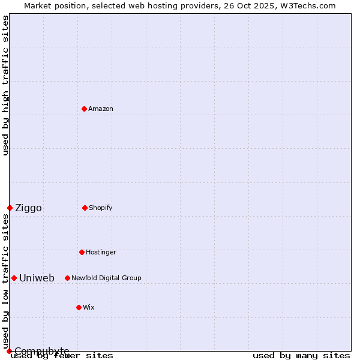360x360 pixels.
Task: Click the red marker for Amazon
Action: tap(84, 109)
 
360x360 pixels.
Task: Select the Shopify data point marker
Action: tap(85, 208)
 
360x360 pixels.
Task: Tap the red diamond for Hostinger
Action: tap(82, 252)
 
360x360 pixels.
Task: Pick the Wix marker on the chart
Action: tap(79, 307)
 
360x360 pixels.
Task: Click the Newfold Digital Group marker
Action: tap(67, 278)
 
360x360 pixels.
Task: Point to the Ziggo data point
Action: tap(10, 208)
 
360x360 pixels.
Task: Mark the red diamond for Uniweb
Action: tap(14, 278)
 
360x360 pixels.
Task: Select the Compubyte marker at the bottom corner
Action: tap(9, 351)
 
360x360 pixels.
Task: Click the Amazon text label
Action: tap(101, 109)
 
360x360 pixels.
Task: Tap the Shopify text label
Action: tap(101, 208)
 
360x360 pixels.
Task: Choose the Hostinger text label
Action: tap(101, 252)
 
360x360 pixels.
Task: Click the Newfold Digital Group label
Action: tap(106, 278)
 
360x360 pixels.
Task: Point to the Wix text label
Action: tap(89, 307)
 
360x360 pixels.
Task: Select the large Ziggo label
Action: tap(28, 208)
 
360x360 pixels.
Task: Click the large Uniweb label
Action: tap(37, 278)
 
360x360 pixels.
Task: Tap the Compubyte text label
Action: tap(41, 351)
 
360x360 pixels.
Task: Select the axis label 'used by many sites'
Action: tap(301, 355)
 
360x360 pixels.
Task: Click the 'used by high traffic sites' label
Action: tap(5, 85)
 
